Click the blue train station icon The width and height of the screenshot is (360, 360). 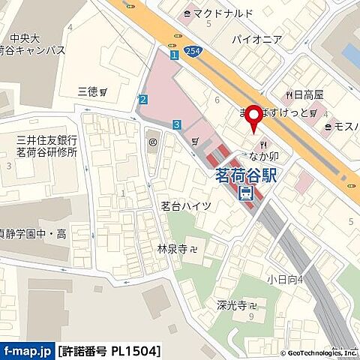click(245, 194)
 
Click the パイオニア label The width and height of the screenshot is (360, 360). click(256, 38)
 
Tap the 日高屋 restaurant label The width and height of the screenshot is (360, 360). click(307, 94)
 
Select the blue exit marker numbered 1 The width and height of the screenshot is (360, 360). click(173, 55)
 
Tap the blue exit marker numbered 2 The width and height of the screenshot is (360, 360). click(142, 99)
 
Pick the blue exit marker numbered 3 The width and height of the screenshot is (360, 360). click(176, 124)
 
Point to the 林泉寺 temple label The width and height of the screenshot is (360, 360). click(172, 248)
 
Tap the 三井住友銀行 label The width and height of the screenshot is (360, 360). click(47, 139)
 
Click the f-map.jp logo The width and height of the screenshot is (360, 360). click(27, 351)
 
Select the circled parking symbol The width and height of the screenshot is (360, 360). click(152, 140)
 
